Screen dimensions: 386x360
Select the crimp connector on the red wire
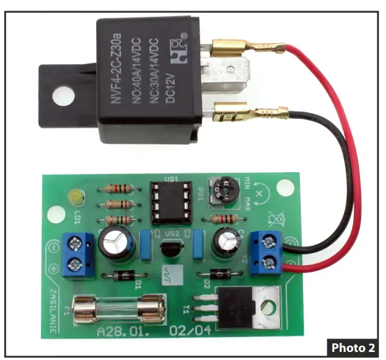(x=248, y=48)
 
